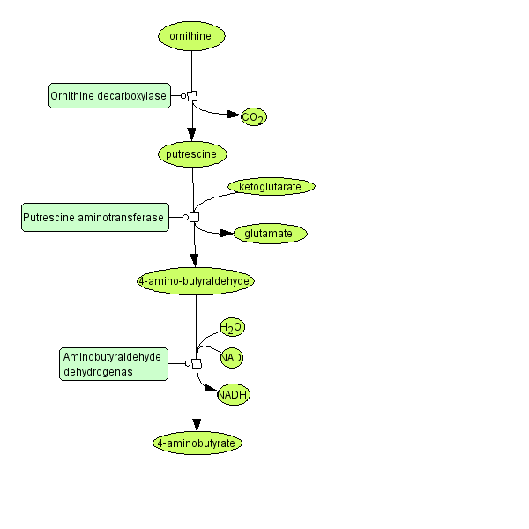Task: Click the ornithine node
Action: (191, 36)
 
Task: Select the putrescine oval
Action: (192, 154)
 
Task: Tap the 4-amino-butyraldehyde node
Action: (196, 281)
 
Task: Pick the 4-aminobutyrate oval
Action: (197, 443)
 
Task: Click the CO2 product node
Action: (253, 117)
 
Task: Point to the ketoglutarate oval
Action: (271, 187)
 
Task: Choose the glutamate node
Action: (270, 234)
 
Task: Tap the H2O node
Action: (232, 328)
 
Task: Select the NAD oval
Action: (232, 357)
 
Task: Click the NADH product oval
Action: (234, 394)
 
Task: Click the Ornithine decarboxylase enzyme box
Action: (108, 96)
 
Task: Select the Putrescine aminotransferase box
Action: (94, 217)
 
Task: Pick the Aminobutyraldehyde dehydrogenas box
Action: (114, 363)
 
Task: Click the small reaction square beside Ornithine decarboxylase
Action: (192, 96)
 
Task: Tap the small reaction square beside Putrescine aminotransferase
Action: (194, 217)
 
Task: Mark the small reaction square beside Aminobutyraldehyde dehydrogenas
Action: (197, 363)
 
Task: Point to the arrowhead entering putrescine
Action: (191, 135)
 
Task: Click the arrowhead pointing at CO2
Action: (234, 115)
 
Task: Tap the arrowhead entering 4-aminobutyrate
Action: (197, 426)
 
